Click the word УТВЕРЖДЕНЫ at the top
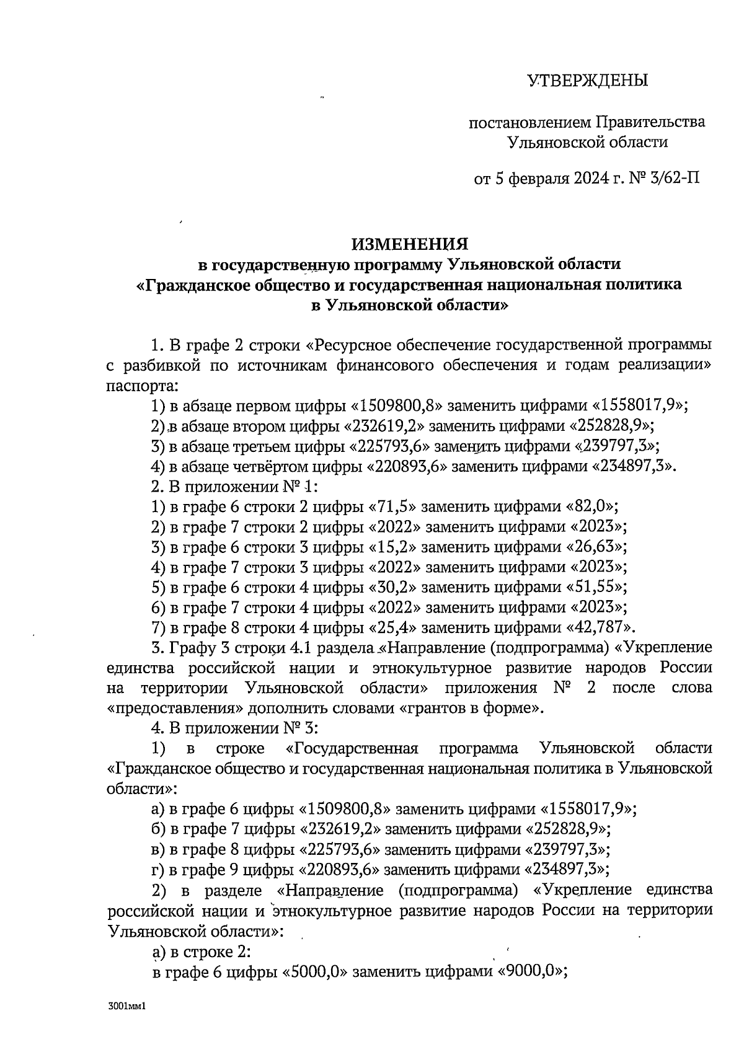point(587,81)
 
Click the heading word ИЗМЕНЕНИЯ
point(410,244)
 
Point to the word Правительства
point(650,122)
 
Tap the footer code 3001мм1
point(125,1007)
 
